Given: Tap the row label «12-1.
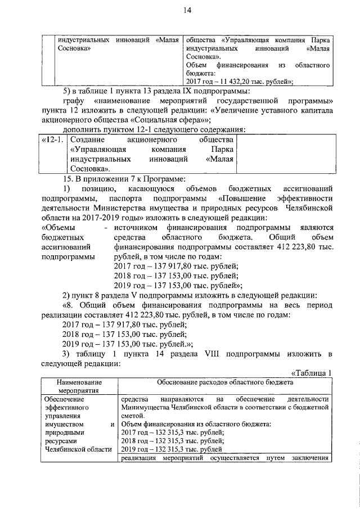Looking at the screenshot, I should click(51, 139).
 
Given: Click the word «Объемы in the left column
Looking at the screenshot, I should click(61, 227).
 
